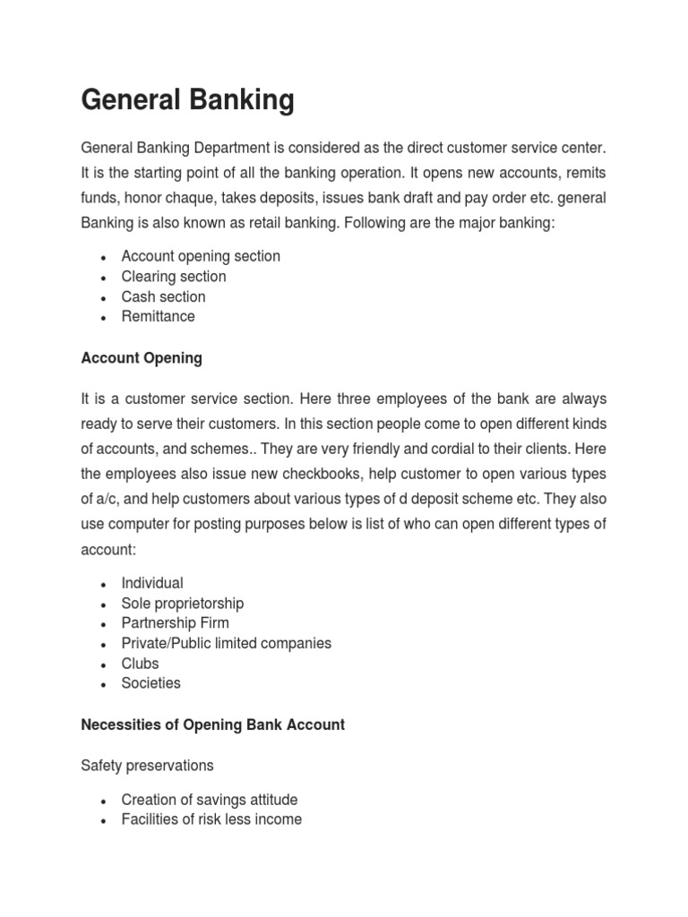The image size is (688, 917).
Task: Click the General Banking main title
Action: (187, 100)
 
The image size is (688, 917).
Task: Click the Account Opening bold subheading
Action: (142, 358)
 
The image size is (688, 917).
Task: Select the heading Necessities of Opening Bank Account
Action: (212, 724)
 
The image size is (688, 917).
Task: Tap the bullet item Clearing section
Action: (174, 277)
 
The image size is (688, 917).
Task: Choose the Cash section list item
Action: (163, 296)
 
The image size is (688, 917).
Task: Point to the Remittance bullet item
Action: (158, 316)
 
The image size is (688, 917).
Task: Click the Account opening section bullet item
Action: (201, 256)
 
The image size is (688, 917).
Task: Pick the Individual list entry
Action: (152, 583)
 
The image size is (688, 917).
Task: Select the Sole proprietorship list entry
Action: (183, 604)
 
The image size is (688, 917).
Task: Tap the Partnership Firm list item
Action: (176, 623)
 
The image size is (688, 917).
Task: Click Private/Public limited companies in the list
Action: (227, 643)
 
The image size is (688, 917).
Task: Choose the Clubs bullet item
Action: (140, 664)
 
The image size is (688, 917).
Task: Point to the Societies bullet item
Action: (150, 683)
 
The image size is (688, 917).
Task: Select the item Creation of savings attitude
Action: (210, 800)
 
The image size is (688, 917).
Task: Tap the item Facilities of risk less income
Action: (211, 819)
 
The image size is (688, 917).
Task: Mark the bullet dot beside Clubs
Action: (105, 664)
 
